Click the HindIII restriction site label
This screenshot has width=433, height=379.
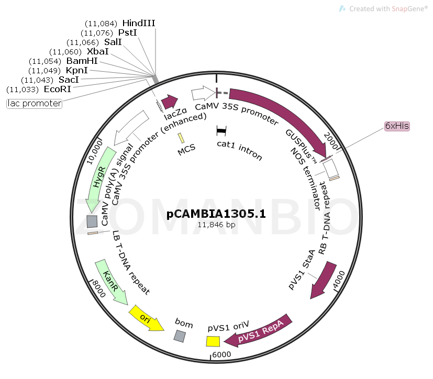pyautogui.click(x=138, y=23)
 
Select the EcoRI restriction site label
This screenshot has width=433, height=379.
pyautogui.click(x=57, y=90)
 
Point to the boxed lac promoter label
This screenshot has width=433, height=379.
pyautogui.click(x=35, y=104)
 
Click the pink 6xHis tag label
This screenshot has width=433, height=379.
pyautogui.click(x=397, y=126)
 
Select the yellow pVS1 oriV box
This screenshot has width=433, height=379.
pyautogui.click(x=213, y=341)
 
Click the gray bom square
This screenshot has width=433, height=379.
pyautogui.click(x=180, y=336)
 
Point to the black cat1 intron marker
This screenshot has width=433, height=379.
pyautogui.click(x=221, y=129)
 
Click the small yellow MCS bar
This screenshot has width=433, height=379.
pyautogui.click(x=181, y=138)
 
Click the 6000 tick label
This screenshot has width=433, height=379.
pyautogui.click(x=220, y=354)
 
